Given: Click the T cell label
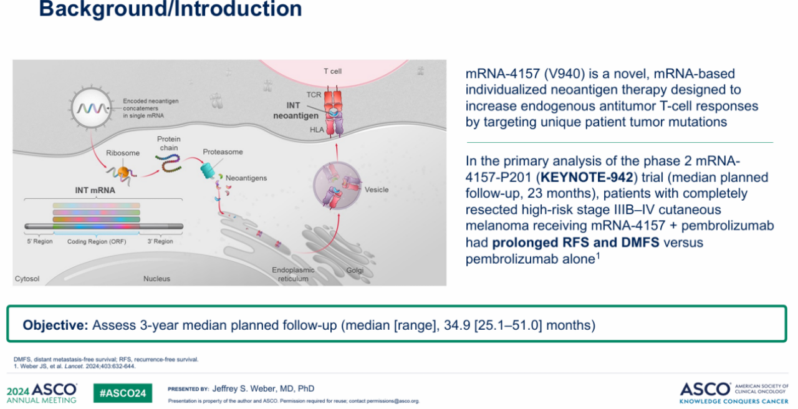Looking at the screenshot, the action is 332,71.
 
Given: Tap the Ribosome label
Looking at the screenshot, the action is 123,153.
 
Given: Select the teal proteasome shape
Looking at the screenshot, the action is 208,170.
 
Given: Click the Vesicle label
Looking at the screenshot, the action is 376,190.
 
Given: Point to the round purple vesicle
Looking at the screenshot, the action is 337,185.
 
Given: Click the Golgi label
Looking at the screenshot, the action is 355,270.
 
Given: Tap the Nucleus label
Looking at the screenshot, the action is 156,279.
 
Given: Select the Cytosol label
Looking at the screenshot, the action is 27,279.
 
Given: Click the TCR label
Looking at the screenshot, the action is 314,95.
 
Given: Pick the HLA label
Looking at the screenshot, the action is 317,130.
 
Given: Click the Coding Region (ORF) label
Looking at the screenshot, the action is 97,241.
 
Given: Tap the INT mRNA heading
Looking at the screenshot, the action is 95,190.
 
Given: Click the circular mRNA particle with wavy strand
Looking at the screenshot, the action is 92,107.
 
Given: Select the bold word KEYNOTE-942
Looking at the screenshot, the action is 587,177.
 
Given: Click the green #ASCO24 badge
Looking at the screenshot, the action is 123,393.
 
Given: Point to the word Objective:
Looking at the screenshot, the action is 55,325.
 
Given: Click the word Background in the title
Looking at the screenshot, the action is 103,9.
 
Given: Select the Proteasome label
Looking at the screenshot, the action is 223,152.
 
